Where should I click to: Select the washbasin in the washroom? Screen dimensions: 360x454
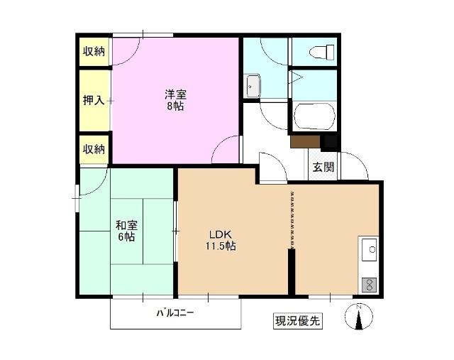click(x=253, y=87)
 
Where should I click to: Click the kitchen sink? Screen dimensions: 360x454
click(x=369, y=250)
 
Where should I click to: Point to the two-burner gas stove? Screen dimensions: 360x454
click(x=369, y=284)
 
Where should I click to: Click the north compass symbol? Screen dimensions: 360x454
click(x=358, y=317)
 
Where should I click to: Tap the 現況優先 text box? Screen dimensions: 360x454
click(x=298, y=320)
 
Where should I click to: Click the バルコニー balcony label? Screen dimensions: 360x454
click(x=175, y=312)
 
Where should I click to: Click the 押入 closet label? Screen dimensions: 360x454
click(x=94, y=100)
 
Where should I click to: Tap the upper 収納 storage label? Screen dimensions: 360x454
click(x=94, y=51)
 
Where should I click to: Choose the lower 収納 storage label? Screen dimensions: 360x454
click(x=94, y=149)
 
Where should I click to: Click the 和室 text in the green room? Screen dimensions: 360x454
click(x=126, y=226)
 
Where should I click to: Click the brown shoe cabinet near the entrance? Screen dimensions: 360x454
click(x=305, y=141)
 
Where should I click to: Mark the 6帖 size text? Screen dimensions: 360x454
click(x=126, y=238)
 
